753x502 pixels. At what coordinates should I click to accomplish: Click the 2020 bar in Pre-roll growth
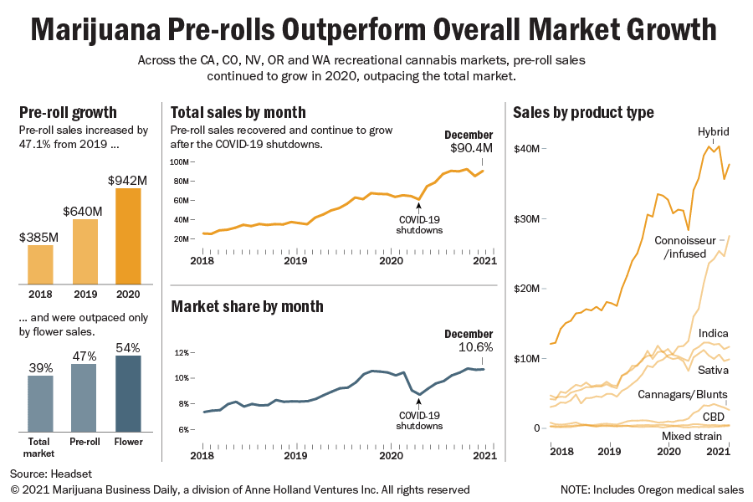(127, 236)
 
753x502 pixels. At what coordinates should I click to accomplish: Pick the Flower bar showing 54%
(129, 392)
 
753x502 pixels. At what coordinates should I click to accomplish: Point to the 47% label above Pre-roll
(84, 356)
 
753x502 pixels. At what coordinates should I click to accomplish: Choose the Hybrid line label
(713, 131)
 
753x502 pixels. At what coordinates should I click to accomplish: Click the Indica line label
(713, 333)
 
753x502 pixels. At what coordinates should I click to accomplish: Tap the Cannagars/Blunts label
(682, 394)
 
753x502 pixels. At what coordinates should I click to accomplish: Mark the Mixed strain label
(694, 437)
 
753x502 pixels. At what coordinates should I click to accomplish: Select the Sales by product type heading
(583, 112)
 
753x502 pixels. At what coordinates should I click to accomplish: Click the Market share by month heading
(247, 306)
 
